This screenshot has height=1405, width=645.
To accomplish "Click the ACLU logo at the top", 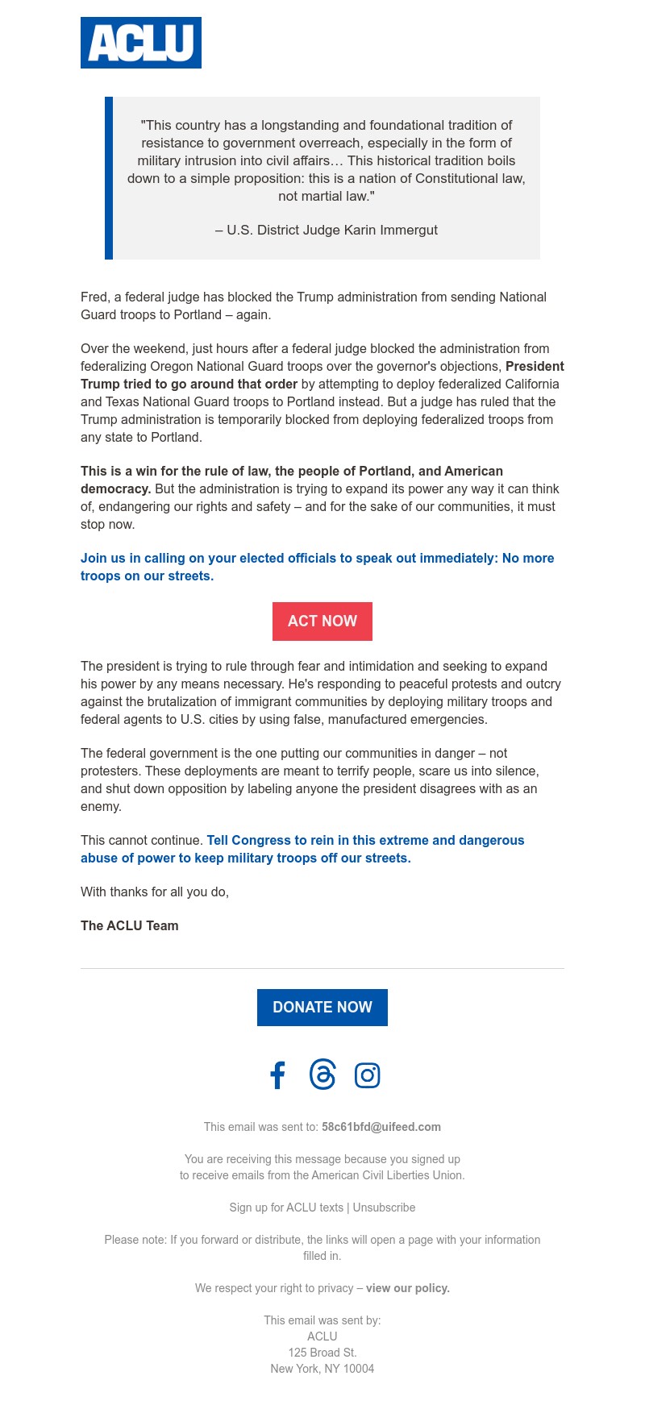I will (141, 43).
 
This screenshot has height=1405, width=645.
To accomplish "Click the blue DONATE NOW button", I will (322, 1008).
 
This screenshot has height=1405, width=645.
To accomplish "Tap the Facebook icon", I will (277, 1075).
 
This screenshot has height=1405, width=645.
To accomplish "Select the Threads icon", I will (322, 1075).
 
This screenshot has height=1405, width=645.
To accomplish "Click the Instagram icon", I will (367, 1075).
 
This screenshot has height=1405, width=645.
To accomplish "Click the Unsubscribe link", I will (384, 1208).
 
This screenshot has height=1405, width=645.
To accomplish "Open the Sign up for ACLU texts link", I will (286, 1208).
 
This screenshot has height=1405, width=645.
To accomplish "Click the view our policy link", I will (408, 1288).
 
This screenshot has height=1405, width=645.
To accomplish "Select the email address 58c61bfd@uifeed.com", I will (381, 1127).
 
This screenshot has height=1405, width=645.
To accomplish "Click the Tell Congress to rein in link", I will (365, 841).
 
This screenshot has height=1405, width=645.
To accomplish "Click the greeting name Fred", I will (93, 297).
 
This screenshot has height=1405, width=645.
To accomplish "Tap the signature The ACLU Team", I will (130, 926).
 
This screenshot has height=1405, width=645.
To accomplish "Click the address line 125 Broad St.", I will (322, 1353).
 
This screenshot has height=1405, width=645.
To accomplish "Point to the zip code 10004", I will (359, 1369).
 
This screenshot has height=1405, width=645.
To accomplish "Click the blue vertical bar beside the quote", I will (109, 178).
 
